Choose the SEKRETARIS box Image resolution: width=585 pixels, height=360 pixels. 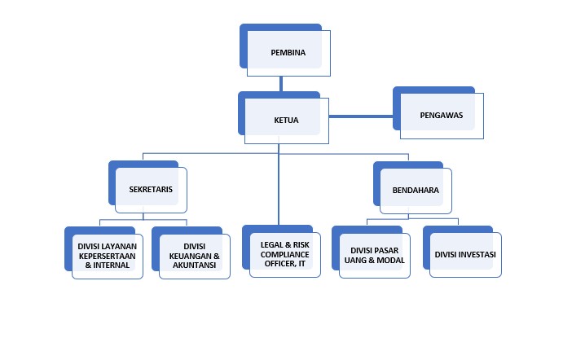pyautogui.click(x=151, y=189)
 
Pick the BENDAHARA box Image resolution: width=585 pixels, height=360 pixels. pyautogui.click(x=416, y=190)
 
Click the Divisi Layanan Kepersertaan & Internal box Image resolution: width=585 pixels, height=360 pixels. pyautogui.click(x=108, y=255)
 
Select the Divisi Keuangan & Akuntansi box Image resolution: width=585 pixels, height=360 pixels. pyautogui.click(x=195, y=255)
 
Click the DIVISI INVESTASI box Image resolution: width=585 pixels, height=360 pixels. pyautogui.click(x=465, y=254)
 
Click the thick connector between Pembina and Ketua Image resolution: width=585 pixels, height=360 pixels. pyautogui.click(x=280, y=82)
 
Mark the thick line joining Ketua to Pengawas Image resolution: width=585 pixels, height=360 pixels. pyautogui.click(x=362, y=116)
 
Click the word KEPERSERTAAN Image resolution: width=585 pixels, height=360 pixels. pyautogui.click(x=108, y=255)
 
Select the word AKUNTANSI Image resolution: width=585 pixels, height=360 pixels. pyautogui.click(x=195, y=265)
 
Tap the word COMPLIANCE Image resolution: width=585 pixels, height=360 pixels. pyautogui.click(x=284, y=253)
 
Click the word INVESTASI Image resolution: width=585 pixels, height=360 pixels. pyautogui.click(x=478, y=254)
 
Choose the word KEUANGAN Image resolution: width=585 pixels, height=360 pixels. pyautogui.click(x=189, y=255)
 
